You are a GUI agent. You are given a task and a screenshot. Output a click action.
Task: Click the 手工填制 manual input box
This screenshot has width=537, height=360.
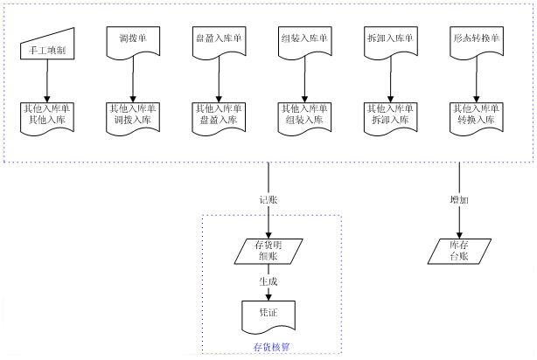pos(47,45)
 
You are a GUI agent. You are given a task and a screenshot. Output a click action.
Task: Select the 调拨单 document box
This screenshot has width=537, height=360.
pos(133,42)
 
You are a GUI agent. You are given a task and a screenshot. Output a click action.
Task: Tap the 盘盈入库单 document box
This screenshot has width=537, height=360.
pos(219,42)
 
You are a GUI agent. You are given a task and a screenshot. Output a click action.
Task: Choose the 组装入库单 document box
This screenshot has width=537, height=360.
pos(304,42)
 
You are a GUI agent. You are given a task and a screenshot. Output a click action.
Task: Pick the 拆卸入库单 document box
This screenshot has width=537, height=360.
pos(390,42)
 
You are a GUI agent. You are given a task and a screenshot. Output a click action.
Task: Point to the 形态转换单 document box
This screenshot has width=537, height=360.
pos(476,42)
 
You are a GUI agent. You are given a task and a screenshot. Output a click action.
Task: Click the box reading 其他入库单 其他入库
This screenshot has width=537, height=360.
pos(47,116)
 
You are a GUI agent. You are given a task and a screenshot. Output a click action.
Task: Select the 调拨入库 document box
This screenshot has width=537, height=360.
pos(133,116)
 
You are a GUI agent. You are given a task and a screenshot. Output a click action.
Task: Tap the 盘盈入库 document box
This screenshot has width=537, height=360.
pos(219,116)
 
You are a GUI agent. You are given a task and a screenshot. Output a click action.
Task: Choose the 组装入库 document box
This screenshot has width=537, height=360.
pos(304,116)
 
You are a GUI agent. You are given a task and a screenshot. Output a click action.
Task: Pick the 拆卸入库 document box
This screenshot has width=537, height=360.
pos(390,116)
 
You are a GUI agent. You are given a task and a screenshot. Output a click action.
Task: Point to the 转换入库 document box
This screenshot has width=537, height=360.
pos(476,116)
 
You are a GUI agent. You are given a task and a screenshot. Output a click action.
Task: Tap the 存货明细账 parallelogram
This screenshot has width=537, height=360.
pos(268,251)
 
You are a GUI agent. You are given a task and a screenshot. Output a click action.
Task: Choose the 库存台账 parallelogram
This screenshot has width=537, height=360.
pos(458,251)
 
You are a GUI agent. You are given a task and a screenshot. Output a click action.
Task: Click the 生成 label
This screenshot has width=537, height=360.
pos(268,282)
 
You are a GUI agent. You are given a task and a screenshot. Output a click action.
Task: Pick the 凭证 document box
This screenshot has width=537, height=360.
pos(268,313)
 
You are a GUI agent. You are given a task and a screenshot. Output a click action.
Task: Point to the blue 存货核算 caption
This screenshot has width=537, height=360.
pos(271,348)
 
